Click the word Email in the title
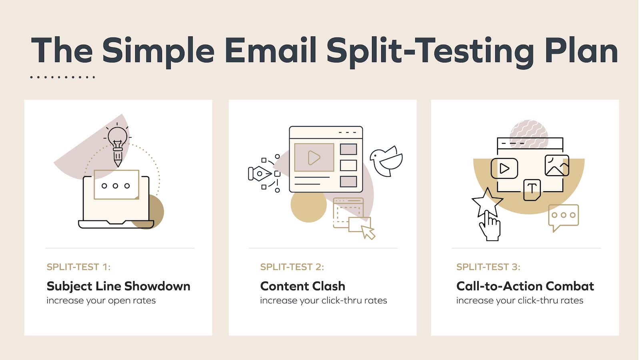(x=271, y=51)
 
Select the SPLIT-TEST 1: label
(x=78, y=267)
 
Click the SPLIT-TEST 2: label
(x=292, y=267)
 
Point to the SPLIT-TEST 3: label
(x=488, y=267)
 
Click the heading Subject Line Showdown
(x=118, y=286)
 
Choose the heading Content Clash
(x=302, y=286)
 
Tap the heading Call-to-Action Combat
(x=525, y=286)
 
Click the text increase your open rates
(x=101, y=300)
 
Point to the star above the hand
(x=487, y=202)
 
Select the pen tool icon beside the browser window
(x=260, y=174)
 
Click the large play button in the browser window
(x=314, y=158)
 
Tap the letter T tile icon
(x=532, y=189)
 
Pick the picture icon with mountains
(x=556, y=166)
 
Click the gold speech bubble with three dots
(x=563, y=216)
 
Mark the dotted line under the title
(x=62, y=77)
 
